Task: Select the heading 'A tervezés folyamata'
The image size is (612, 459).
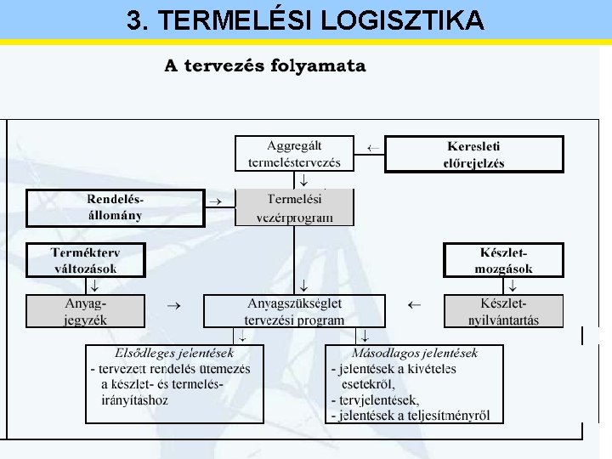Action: tap(265, 65)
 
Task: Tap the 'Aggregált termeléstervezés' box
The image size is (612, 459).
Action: tap(294, 154)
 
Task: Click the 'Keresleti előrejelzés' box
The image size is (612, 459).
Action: tap(473, 154)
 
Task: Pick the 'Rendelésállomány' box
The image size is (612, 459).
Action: tap(116, 207)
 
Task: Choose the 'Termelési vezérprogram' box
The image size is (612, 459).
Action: tap(294, 207)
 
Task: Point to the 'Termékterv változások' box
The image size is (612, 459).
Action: tap(85, 261)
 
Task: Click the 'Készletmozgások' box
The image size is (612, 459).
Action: tap(503, 261)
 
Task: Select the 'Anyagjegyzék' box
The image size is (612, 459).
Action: tap(85, 311)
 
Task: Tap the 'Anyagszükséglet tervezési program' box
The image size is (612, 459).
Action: tap(294, 311)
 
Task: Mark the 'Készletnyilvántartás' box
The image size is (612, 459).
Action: tap(503, 311)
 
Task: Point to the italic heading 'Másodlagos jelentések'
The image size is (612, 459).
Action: tap(414, 353)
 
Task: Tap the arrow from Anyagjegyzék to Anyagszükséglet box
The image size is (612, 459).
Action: tap(173, 303)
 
